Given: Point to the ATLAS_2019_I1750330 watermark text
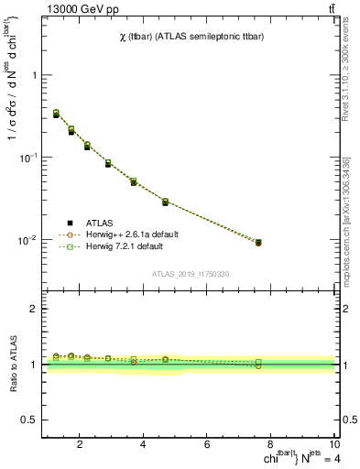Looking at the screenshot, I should click(x=191, y=274).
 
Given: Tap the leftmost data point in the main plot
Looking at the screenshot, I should click(x=56, y=115).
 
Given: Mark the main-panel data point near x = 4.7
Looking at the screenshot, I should click(x=165, y=202).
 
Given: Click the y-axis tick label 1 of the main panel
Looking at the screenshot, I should click(x=35, y=75).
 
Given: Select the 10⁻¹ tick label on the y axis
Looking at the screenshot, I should click(x=30, y=158).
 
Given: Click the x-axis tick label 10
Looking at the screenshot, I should click(x=334, y=446).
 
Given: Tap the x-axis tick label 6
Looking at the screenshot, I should click(x=207, y=446).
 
